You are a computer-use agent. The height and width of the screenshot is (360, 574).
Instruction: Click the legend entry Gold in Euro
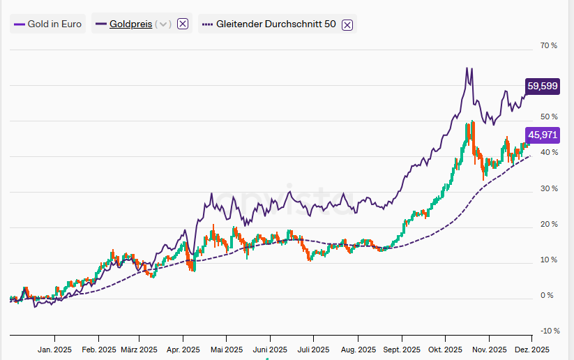47,24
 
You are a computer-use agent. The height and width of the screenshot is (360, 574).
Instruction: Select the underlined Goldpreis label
130,24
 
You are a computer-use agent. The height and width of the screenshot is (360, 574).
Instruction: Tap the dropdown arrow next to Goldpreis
163,24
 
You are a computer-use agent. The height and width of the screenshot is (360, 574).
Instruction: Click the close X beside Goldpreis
183,24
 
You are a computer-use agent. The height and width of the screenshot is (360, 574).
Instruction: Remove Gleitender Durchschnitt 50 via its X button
347,24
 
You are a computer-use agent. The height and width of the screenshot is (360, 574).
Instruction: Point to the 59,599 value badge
542,86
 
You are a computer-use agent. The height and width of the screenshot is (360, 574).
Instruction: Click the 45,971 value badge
542,135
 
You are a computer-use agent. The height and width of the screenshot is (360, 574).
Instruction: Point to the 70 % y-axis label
549,46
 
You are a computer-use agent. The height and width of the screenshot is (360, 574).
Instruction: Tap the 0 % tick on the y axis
547,296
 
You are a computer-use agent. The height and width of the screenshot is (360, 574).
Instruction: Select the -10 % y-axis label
549,331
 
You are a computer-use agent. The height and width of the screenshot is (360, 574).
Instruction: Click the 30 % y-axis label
549,188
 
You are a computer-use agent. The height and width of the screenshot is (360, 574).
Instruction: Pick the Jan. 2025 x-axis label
54,350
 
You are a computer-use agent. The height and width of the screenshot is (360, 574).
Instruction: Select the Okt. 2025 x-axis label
445,350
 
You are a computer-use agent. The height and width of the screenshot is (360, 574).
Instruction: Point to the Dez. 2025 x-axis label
532,350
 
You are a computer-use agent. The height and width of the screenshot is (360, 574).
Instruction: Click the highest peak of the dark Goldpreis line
466,68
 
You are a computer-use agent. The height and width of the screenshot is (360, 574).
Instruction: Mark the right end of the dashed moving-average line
531,156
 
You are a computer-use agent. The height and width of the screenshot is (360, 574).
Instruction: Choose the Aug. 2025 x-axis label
357,350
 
